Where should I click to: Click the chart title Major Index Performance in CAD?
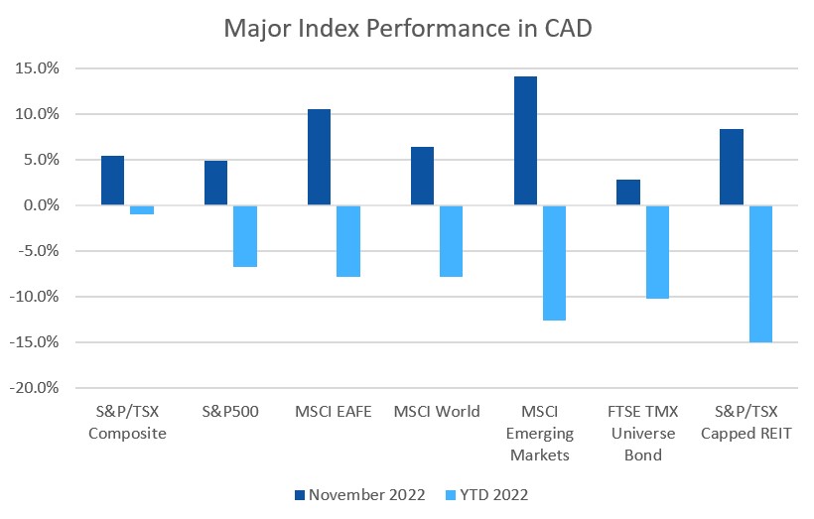click(x=407, y=27)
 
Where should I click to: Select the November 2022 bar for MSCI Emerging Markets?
click(x=525, y=141)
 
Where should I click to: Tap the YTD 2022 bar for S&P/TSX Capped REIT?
click(x=760, y=274)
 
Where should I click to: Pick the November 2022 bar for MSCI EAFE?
click(x=319, y=157)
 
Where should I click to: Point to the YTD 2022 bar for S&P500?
click(x=244, y=236)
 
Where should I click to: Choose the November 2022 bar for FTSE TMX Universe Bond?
click(x=628, y=193)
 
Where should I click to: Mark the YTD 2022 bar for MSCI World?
click(x=451, y=241)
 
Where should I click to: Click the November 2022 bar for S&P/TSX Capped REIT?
click(x=732, y=167)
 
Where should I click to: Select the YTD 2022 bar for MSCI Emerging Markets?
click(x=554, y=263)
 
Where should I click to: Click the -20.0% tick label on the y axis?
click(x=37, y=388)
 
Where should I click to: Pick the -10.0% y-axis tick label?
click(x=37, y=297)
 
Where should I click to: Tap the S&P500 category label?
click(x=230, y=412)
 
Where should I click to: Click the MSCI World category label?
click(x=437, y=412)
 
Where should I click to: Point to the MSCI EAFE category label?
click(x=334, y=412)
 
